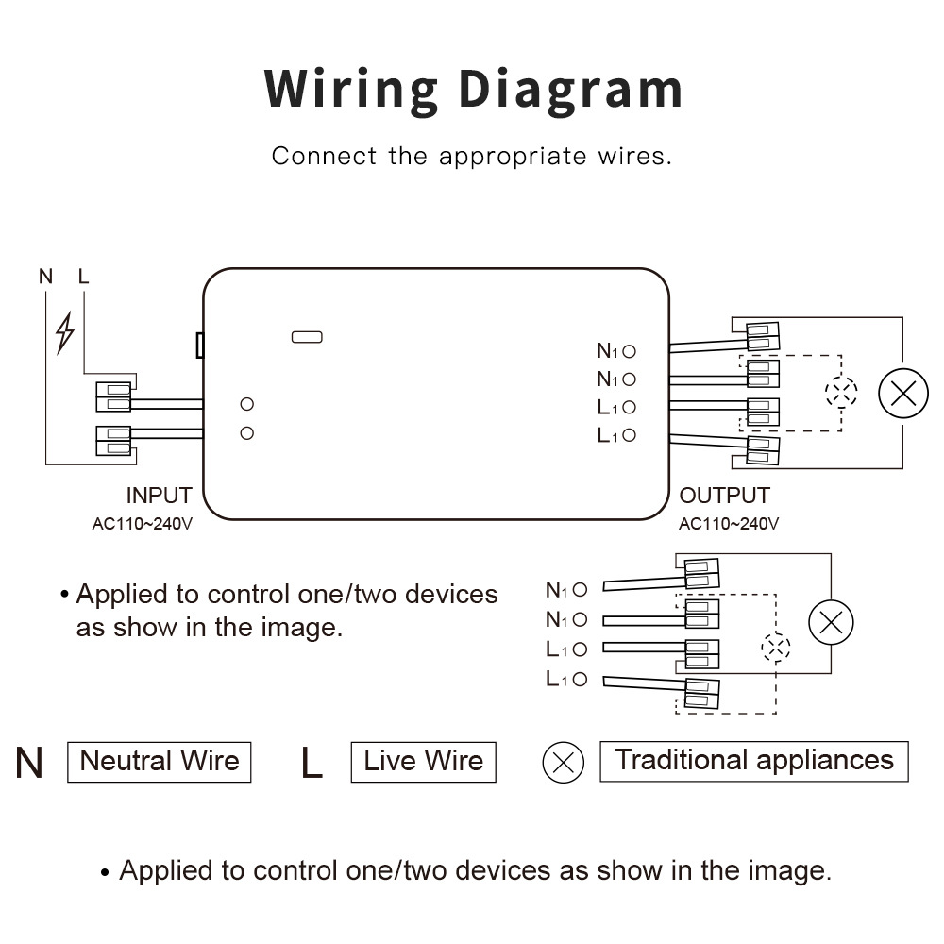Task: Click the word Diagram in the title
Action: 571,91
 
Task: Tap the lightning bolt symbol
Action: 64,332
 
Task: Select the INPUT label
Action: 159,496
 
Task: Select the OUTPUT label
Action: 724,496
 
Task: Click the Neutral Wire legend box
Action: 159,761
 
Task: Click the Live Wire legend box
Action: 423,761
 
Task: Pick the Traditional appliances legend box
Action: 753,761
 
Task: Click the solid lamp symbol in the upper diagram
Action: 903,394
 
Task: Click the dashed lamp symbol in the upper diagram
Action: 840,393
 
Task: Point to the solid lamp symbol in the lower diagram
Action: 831,622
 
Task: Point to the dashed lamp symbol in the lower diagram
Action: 776,649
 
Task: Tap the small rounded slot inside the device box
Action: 308,336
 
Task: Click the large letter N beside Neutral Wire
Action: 29,763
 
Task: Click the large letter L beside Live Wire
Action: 312,763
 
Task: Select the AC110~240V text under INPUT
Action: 142,524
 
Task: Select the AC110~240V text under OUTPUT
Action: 729,524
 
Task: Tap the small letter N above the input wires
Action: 45,277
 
